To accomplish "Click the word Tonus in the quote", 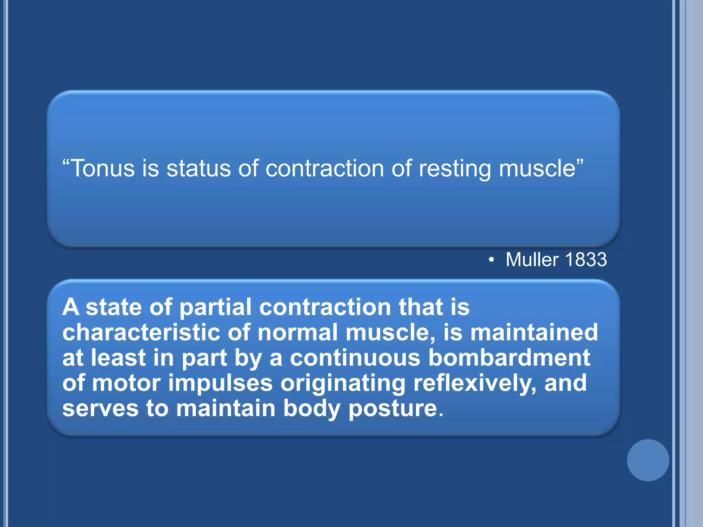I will pos(103,168).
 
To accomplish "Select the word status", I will pos(198,168).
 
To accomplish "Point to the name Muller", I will pos(532,259).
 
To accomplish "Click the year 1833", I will pos(586,259).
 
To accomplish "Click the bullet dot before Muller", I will pos(492,260).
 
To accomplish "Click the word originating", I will pos(343,384).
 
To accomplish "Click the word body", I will pos(311,409).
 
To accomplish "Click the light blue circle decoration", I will pos(648,460).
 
